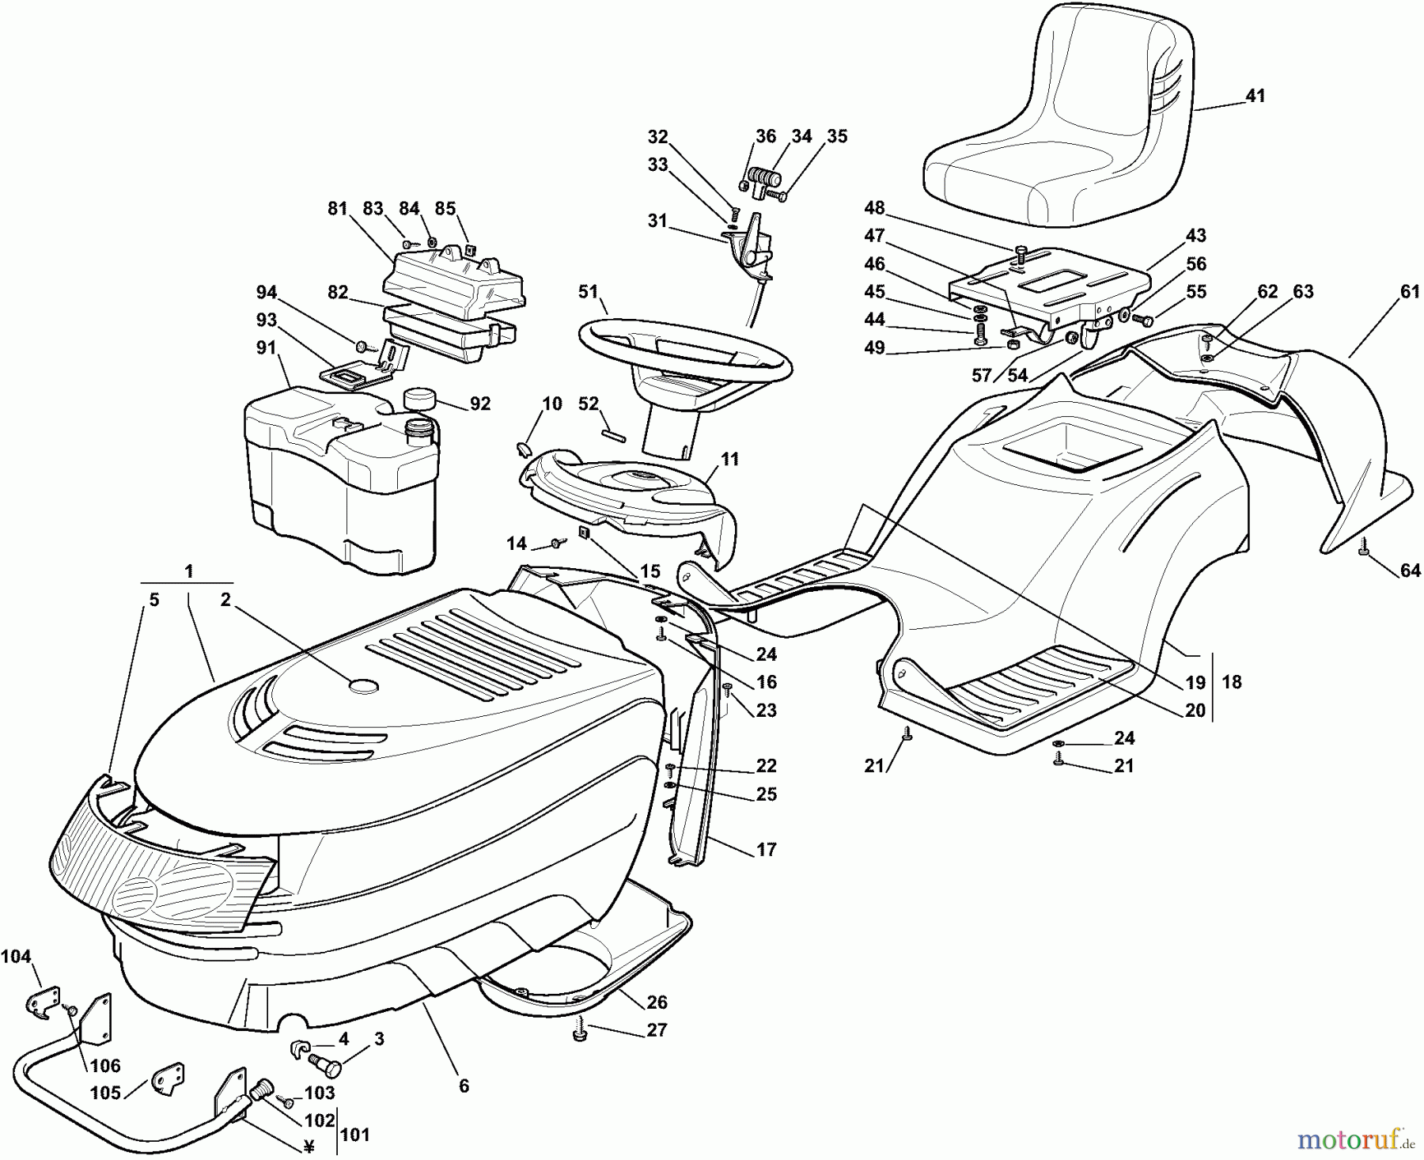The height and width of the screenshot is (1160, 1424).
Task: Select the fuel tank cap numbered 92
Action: point(420,398)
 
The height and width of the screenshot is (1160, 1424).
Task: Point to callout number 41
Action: point(1255,96)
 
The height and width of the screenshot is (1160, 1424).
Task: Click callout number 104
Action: point(16,957)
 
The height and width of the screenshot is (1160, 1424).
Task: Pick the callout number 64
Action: point(1410,570)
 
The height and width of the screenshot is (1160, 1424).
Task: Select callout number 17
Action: point(766,849)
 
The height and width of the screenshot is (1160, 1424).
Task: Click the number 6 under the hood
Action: point(464,1086)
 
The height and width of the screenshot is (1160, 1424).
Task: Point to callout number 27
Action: point(656,1029)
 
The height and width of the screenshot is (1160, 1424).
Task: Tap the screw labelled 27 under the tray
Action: point(580,1035)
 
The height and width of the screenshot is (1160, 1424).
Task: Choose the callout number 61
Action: point(1410,292)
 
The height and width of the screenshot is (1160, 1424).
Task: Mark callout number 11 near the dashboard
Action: point(729,459)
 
